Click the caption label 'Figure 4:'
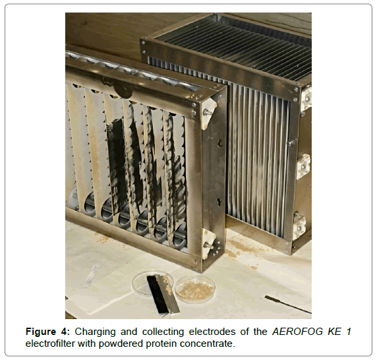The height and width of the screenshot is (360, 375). click(x=47, y=332)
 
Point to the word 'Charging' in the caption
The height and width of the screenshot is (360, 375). click(x=95, y=332)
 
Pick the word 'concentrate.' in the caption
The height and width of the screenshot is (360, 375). click(x=208, y=344)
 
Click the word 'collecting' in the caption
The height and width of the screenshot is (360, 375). click(x=163, y=332)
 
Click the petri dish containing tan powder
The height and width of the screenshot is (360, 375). click(x=195, y=289)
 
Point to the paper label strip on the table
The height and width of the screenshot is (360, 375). click(x=91, y=276)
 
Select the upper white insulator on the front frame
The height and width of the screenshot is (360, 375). click(x=210, y=114)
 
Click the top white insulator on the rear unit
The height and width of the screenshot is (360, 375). click(x=306, y=98)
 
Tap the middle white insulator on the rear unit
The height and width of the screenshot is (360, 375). click(x=304, y=166)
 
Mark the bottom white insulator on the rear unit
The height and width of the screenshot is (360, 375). click(x=299, y=226)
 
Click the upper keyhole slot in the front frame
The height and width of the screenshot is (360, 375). click(x=220, y=143)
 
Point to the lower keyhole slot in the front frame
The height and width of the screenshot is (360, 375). click(x=219, y=202)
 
